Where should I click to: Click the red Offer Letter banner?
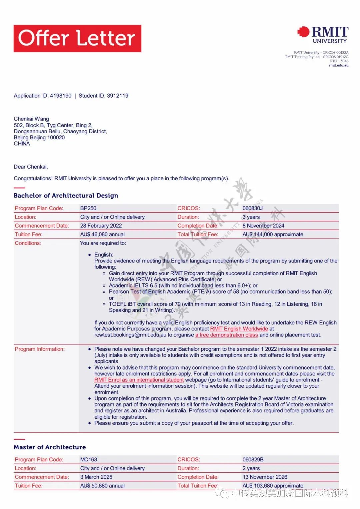click(x=77, y=38)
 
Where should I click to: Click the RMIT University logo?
click(x=323, y=35)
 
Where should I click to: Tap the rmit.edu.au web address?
click(x=338, y=66)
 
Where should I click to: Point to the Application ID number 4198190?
click(x=61, y=96)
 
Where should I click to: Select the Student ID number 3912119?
click(x=117, y=96)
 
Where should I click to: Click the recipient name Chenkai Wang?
click(x=31, y=119)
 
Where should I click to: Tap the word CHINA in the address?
click(x=22, y=144)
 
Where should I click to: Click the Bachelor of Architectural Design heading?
click(x=66, y=196)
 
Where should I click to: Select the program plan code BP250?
click(x=88, y=208)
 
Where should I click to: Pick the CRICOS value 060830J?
click(x=252, y=208)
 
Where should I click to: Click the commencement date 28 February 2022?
click(x=101, y=226)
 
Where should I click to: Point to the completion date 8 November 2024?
click(x=263, y=226)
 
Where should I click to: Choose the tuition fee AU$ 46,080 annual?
click(x=102, y=234)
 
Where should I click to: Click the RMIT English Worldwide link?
click(x=239, y=329)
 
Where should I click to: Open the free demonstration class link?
click(x=227, y=335)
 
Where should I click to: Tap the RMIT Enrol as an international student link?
click(x=139, y=380)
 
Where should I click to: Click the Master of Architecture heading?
click(x=50, y=447)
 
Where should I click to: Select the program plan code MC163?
click(x=89, y=459)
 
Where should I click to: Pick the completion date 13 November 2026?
click(x=265, y=477)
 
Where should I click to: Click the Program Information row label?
click(x=40, y=349)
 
